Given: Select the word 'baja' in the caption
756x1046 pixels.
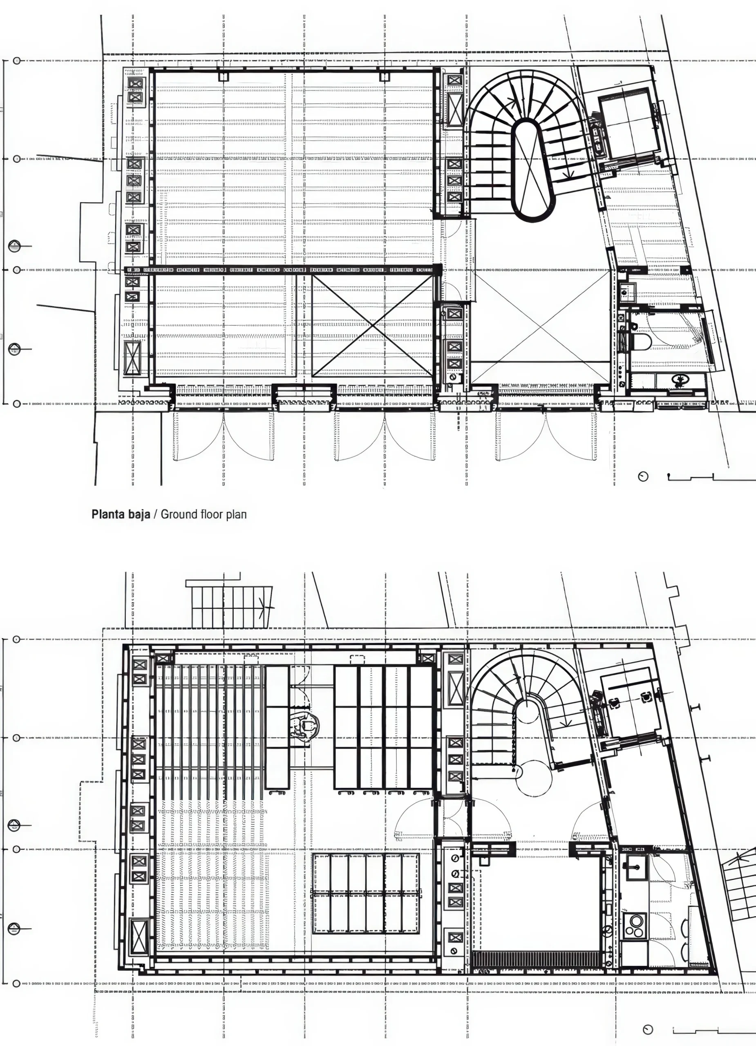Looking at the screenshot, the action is click(139, 515).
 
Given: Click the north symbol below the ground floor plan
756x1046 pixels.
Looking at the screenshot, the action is click(642, 476).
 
